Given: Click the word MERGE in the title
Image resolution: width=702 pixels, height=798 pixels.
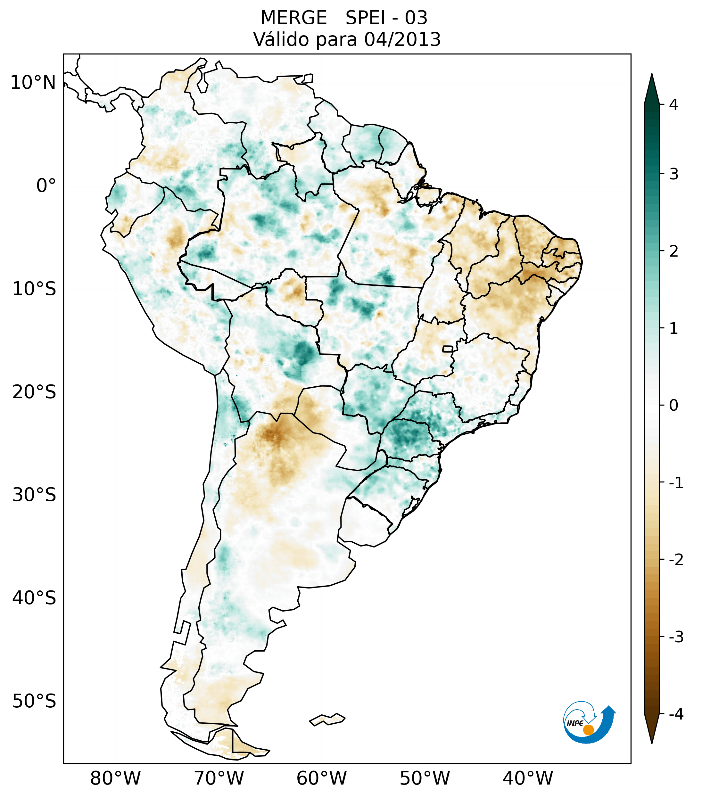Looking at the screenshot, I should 293,18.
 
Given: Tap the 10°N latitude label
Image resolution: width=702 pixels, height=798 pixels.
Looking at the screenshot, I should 33,83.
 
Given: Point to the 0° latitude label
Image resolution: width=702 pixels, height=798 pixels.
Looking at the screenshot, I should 46,186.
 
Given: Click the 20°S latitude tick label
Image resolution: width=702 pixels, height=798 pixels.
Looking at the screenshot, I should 34,392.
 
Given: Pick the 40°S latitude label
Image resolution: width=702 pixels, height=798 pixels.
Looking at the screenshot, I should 34,598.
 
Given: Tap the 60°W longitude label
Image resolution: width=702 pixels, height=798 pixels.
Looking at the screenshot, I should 321,778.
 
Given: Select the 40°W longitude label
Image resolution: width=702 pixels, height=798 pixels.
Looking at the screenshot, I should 528,778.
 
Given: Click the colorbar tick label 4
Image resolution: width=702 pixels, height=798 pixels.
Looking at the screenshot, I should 673,105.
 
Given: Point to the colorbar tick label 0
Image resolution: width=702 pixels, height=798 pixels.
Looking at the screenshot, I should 673,406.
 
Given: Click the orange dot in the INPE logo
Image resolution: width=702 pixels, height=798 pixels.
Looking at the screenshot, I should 588,730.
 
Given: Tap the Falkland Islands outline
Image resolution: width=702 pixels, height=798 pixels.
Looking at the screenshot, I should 327,719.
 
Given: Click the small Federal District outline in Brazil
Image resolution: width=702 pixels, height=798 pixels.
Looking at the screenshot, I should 448,349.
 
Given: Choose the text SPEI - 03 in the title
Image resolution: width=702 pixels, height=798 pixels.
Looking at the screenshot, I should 386,18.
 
